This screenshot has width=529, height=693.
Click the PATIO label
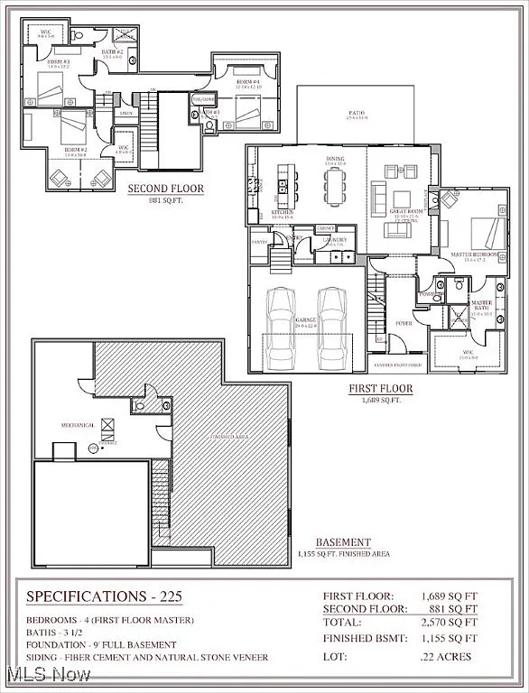(x=357, y=115)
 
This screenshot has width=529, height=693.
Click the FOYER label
(x=404, y=322)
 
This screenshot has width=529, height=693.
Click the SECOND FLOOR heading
(x=165, y=189)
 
